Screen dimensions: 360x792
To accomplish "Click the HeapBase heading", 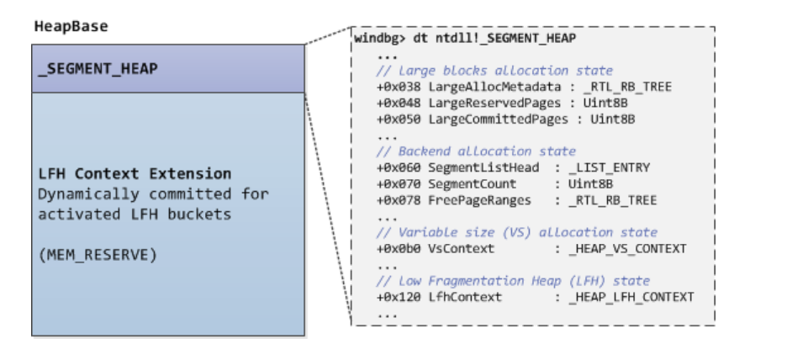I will [71, 27].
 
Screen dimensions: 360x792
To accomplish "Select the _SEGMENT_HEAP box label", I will [98, 69].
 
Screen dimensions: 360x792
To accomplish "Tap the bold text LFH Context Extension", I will [135, 174].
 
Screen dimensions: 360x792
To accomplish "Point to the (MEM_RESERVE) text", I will [98, 255].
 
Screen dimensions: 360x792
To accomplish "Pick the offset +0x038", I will [398, 87].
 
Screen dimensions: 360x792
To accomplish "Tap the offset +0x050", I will [398, 119].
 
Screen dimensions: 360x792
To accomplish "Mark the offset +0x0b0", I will [398, 248].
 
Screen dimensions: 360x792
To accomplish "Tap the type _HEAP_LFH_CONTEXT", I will [632, 297].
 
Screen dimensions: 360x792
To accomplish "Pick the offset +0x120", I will [398, 297].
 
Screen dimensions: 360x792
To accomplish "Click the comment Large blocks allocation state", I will [494, 71].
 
